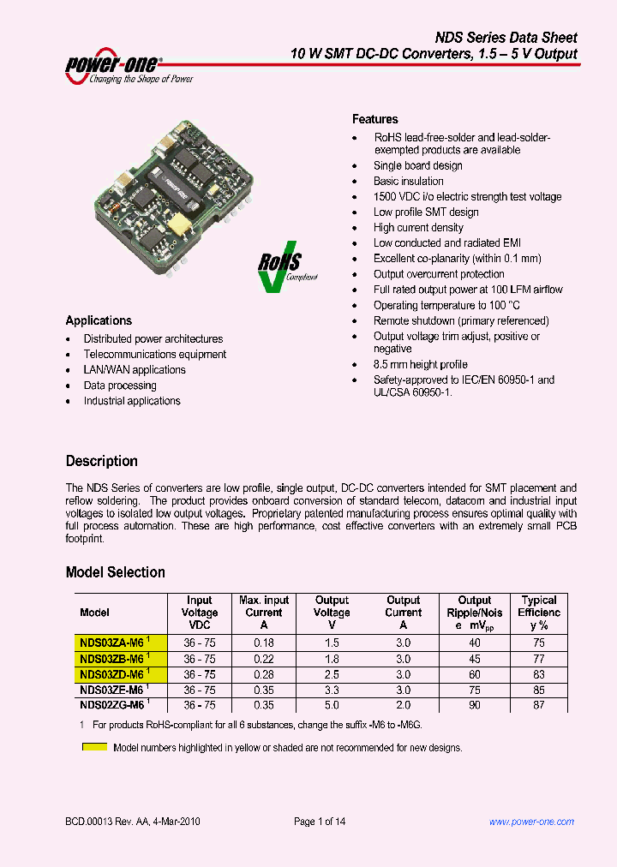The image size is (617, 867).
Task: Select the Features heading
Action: pyautogui.click(x=374, y=119)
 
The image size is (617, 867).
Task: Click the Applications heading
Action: pyautogui.click(x=99, y=320)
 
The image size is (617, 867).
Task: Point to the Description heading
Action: pyautogui.click(x=101, y=461)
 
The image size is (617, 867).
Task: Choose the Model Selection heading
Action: pyautogui.click(x=115, y=572)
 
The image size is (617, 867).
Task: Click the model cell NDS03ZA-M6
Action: pyautogui.click(x=111, y=643)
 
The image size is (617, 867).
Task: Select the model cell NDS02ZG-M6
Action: pyautogui.click(x=111, y=705)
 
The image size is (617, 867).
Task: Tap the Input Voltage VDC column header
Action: pyautogui.click(x=199, y=613)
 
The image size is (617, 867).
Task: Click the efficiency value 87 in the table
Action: pyautogui.click(x=538, y=705)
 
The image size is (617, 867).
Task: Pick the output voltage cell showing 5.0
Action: pyautogui.click(x=332, y=705)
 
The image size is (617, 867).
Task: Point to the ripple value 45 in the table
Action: pyautogui.click(x=474, y=659)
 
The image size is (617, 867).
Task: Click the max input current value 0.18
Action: pyautogui.click(x=263, y=643)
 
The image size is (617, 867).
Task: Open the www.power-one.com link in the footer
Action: pyautogui.click(x=531, y=822)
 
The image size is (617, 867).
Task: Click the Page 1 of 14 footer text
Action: pyautogui.click(x=320, y=822)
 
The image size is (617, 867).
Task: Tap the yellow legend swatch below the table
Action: pyautogui.click(x=94, y=747)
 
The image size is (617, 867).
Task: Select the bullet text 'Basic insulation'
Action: pyautogui.click(x=408, y=181)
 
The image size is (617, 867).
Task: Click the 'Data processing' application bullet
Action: pyautogui.click(x=119, y=386)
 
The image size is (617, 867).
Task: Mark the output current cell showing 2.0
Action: pyautogui.click(x=403, y=705)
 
